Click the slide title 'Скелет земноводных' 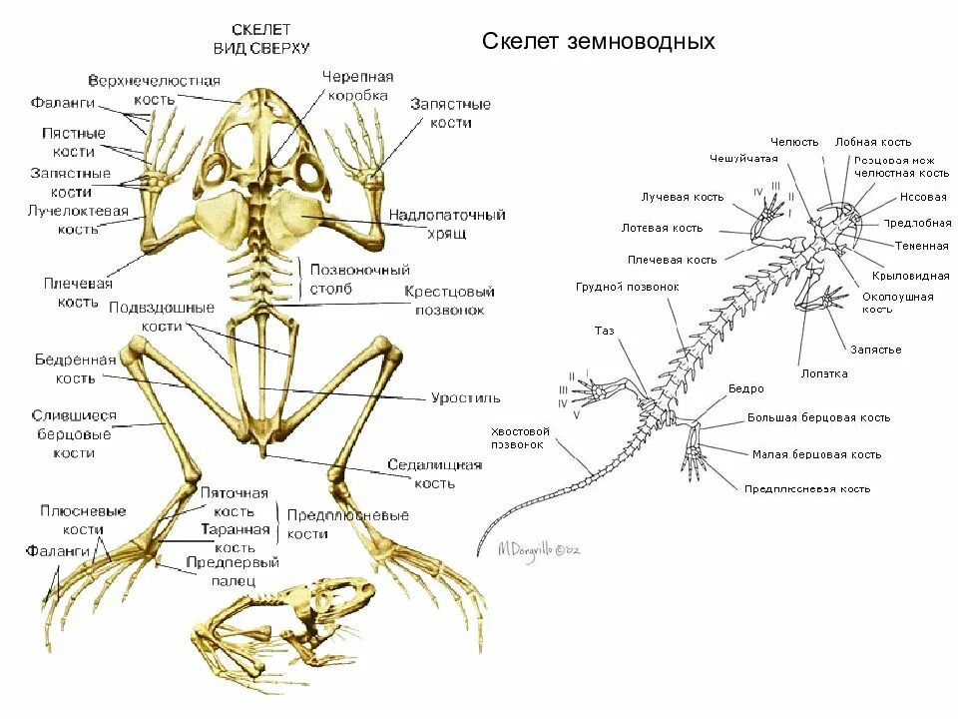click(x=599, y=42)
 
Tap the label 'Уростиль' click(x=466, y=397)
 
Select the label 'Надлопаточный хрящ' click(x=447, y=224)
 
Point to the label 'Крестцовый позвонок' click(x=450, y=301)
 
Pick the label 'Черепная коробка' click(x=357, y=85)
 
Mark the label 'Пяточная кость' click(x=235, y=502)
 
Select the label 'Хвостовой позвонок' click(x=517, y=437)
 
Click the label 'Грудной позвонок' click(x=627, y=287)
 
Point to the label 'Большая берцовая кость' click(x=818, y=418)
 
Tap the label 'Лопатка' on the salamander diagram click(x=824, y=373)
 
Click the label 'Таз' click(x=605, y=331)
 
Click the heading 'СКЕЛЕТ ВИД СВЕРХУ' click(x=262, y=39)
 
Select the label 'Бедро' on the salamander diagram click(x=745, y=388)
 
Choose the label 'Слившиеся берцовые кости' click(x=74, y=434)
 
